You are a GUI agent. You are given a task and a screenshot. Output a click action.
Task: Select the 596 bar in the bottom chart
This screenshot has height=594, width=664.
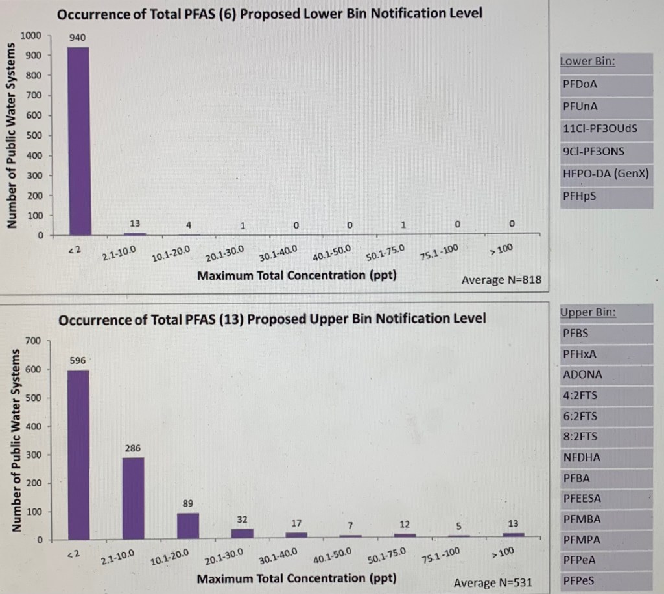pos(78,454)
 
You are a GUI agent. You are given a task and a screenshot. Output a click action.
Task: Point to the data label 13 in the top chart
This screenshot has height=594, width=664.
pos(135,223)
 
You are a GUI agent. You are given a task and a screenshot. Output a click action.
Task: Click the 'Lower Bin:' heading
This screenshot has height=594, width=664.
pos(587,62)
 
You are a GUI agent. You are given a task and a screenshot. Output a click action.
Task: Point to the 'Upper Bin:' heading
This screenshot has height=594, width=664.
pos(587,313)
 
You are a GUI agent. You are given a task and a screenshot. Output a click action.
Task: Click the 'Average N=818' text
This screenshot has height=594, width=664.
pos(501,280)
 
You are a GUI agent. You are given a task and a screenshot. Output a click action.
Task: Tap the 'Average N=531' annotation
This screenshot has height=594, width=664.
pos(493,582)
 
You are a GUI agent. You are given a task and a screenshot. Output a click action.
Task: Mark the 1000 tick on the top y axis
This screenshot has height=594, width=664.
pos(31,36)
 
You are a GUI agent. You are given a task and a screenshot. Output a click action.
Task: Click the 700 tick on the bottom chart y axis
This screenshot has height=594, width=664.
pos(33,341)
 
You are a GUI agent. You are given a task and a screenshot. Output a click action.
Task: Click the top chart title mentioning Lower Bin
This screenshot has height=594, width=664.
pos(270,13)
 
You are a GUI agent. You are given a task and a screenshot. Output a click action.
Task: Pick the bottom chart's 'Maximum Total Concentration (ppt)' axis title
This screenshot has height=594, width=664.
pos(296,578)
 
